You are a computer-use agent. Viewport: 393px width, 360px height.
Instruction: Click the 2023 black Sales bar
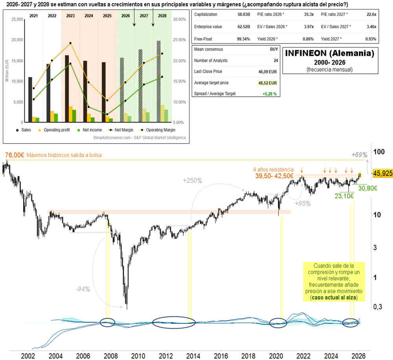tap(67, 89)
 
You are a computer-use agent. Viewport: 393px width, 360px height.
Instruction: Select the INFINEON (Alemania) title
tap(329, 52)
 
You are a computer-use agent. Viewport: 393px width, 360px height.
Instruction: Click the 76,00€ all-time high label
tap(14, 155)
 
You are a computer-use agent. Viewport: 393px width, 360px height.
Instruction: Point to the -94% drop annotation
tap(83, 289)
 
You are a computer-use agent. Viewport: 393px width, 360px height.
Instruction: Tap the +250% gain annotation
tap(193, 181)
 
